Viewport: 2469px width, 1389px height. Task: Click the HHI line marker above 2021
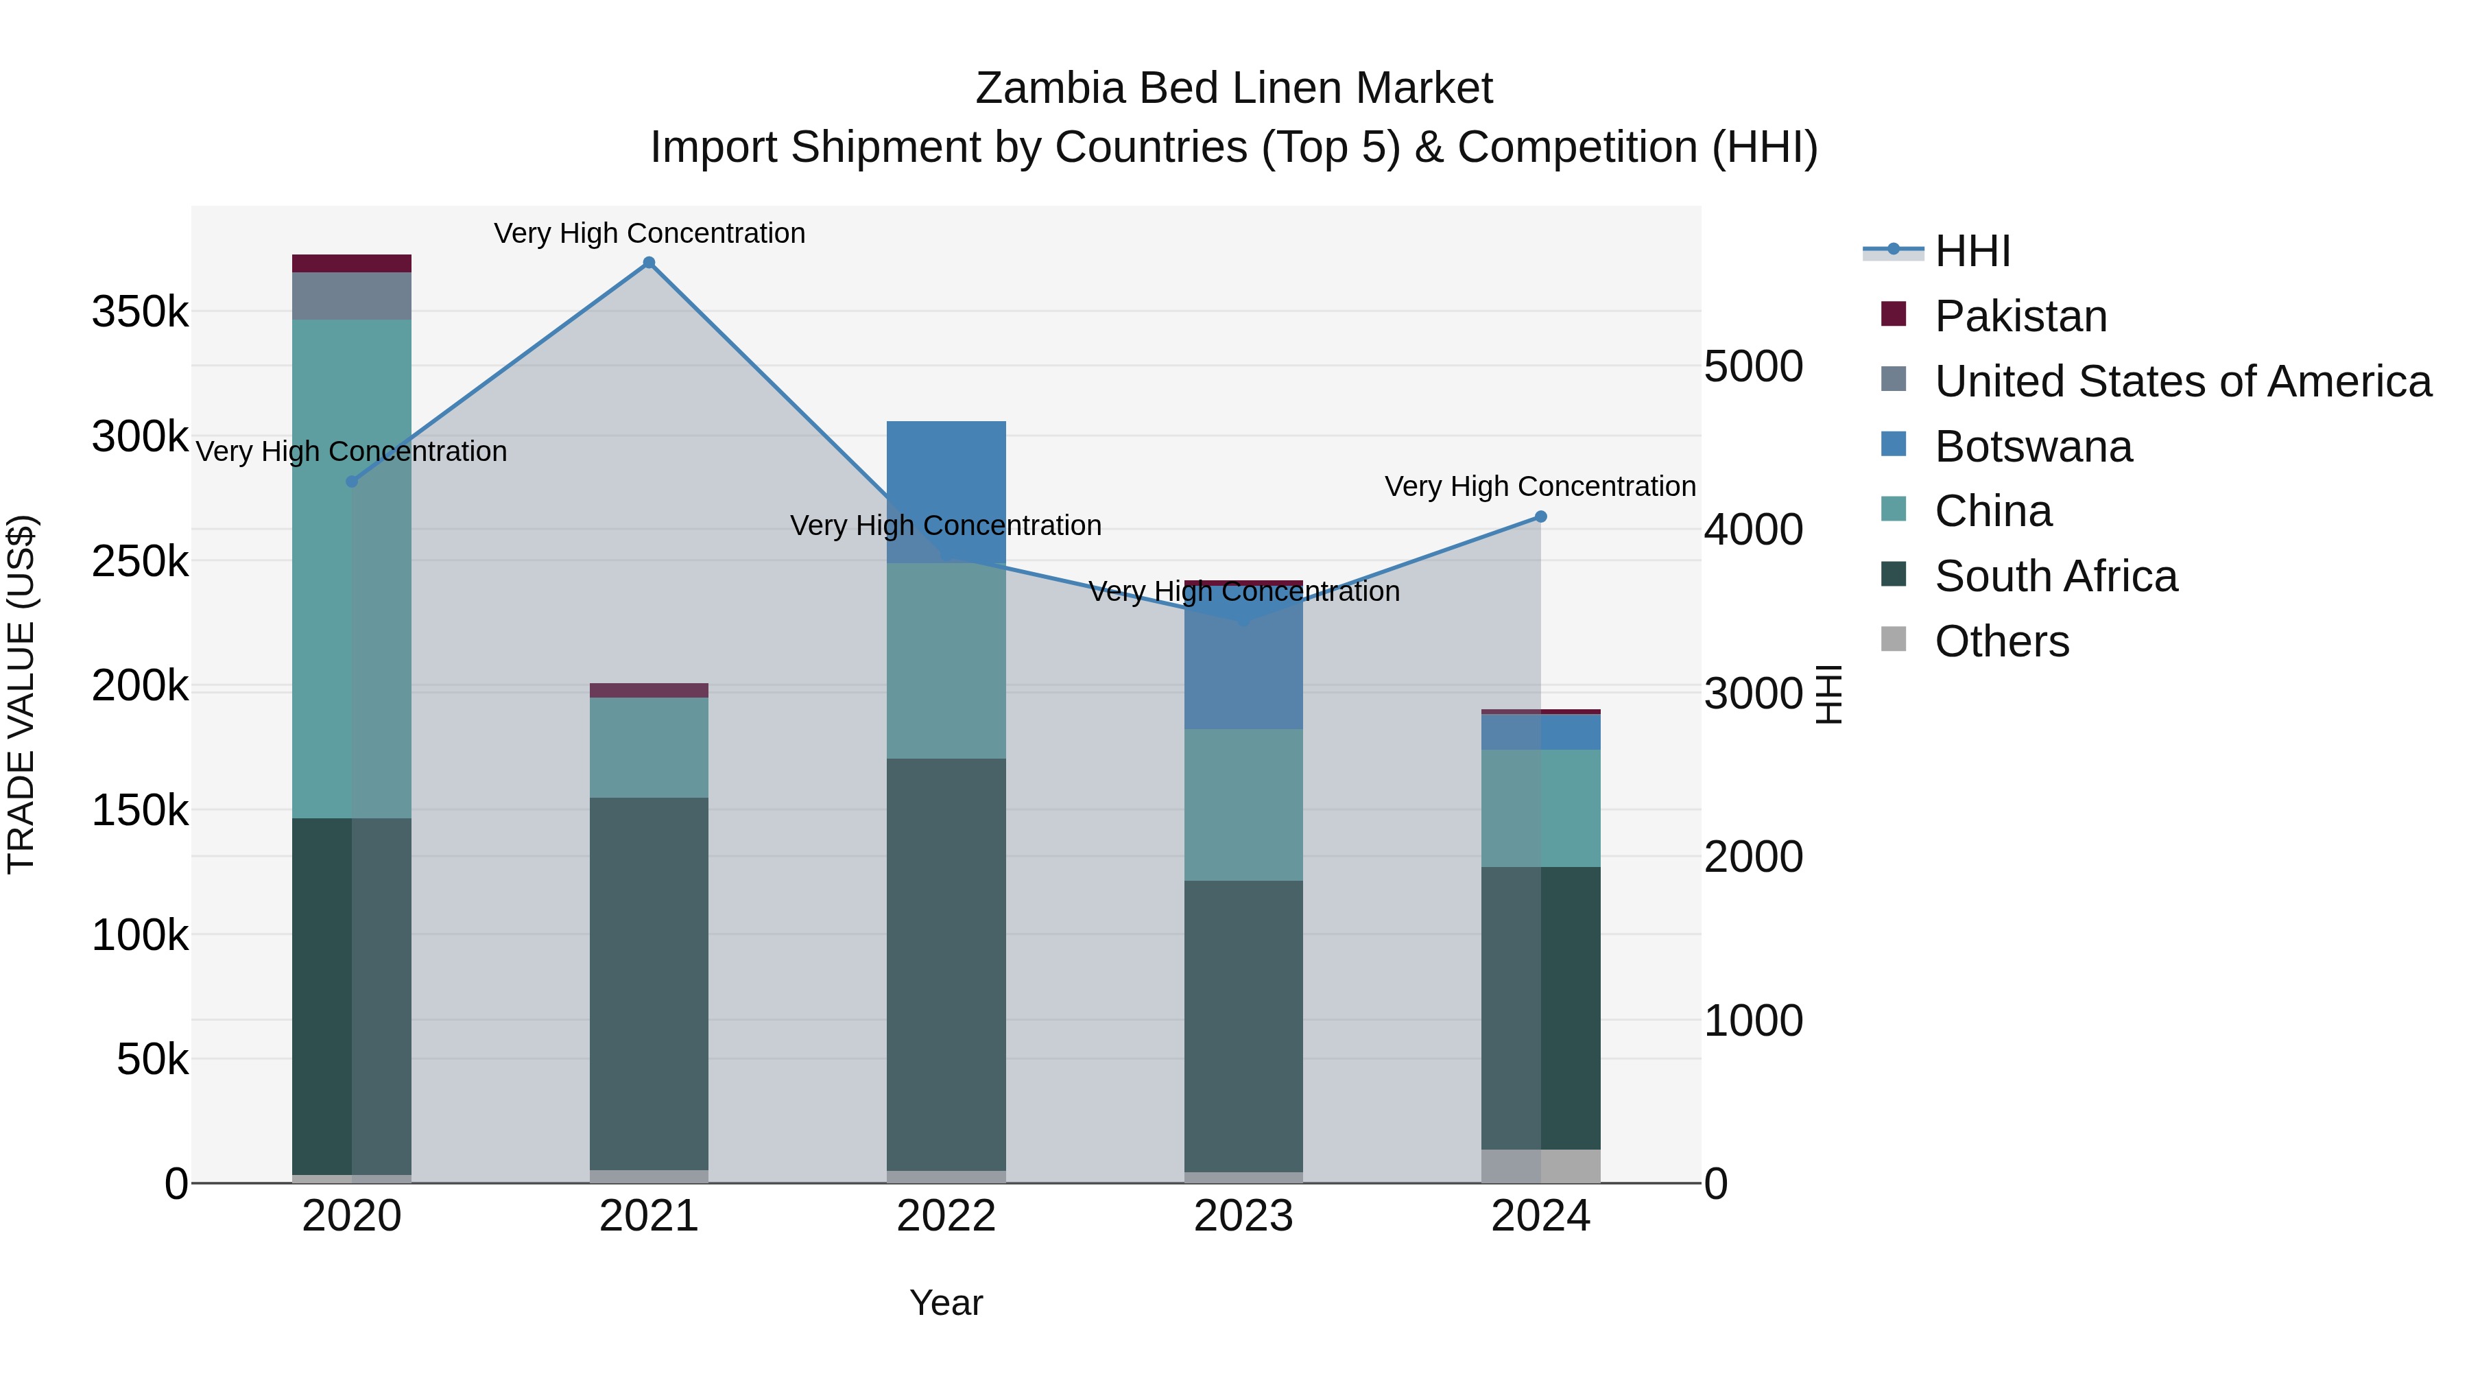[649, 263]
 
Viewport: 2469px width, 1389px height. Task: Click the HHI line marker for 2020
[352, 482]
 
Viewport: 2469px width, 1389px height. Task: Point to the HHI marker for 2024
[1540, 517]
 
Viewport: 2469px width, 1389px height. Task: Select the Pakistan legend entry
[2020, 316]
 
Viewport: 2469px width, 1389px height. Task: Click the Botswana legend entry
[2033, 447]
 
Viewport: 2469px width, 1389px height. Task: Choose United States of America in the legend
[2182, 381]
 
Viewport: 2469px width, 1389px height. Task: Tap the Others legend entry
[2001, 641]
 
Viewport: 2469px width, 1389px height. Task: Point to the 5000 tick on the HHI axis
[1753, 366]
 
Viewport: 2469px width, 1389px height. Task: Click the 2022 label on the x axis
[946, 1216]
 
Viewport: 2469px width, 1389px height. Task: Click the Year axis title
[946, 1303]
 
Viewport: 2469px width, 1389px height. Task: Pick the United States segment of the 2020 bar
[352, 295]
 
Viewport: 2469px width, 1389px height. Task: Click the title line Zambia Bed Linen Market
[1234, 88]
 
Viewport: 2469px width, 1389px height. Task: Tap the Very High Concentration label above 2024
[1540, 487]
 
